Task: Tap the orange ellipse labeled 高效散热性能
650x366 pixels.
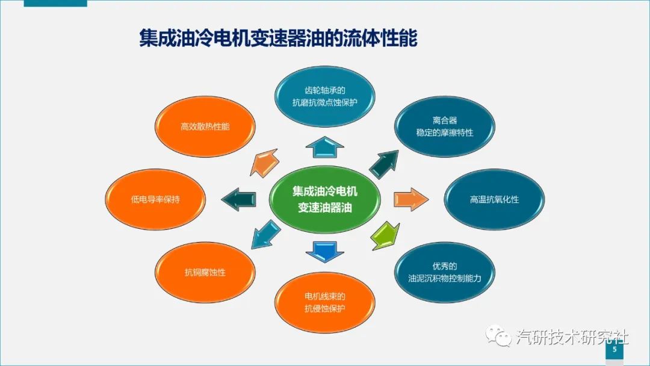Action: [x=205, y=127]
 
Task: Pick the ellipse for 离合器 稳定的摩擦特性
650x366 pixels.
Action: [x=445, y=126]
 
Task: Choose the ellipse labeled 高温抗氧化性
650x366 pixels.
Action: [x=494, y=199]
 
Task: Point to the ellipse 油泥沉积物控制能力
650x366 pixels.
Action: [x=445, y=272]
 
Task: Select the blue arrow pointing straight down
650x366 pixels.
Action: [x=325, y=250]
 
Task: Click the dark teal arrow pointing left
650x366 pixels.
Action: [x=239, y=199]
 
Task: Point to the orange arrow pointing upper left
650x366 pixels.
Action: [x=264, y=162]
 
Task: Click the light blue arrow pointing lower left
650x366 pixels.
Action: [x=265, y=235]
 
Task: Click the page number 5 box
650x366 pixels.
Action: [x=614, y=349]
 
